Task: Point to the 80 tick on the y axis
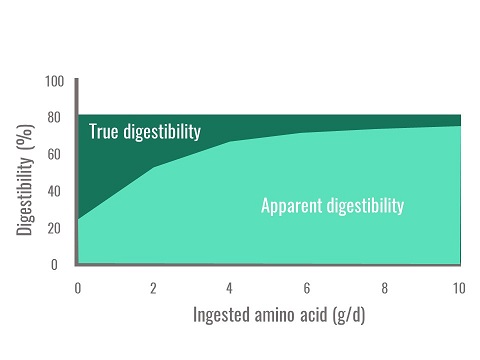pos(54,117)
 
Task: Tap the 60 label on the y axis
pos(54,154)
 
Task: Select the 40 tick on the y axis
pos(54,191)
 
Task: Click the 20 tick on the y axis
pos(54,228)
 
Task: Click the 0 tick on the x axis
pos(77,288)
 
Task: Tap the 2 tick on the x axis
pos(153,288)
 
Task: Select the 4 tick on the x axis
pos(230,288)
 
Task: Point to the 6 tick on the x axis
pos(307,288)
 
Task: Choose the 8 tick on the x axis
pos(383,288)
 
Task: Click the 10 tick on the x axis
pos(459,288)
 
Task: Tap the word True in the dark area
pos(105,131)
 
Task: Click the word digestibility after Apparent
pos(365,207)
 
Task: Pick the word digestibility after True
pos(163,131)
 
